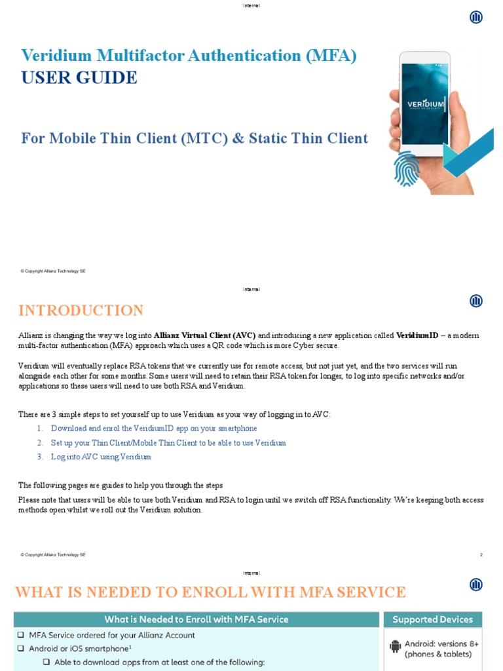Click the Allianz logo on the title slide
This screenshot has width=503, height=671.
[x=476, y=18]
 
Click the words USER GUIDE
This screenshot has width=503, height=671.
[x=79, y=78]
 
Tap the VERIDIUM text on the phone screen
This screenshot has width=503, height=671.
[x=425, y=104]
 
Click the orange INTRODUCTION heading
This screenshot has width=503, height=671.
[x=81, y=311]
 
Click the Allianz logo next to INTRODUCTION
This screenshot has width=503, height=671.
[x=476, y=301]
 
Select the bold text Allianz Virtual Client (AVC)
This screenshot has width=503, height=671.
[x=204, y=335]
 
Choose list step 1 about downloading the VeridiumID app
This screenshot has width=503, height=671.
[x=154, y=429]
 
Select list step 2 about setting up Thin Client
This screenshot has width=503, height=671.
[x=168, y=443]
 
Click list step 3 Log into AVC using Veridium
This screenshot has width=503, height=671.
[x=101, y=457]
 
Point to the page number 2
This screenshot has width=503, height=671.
[x=481, y=555]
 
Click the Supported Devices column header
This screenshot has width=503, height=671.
[x=432, y=619]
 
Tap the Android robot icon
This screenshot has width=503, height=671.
[x=395, y=647]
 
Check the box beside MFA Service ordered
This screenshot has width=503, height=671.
[x=22, y=636]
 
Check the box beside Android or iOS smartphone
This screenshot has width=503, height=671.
[x=22, y=649]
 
